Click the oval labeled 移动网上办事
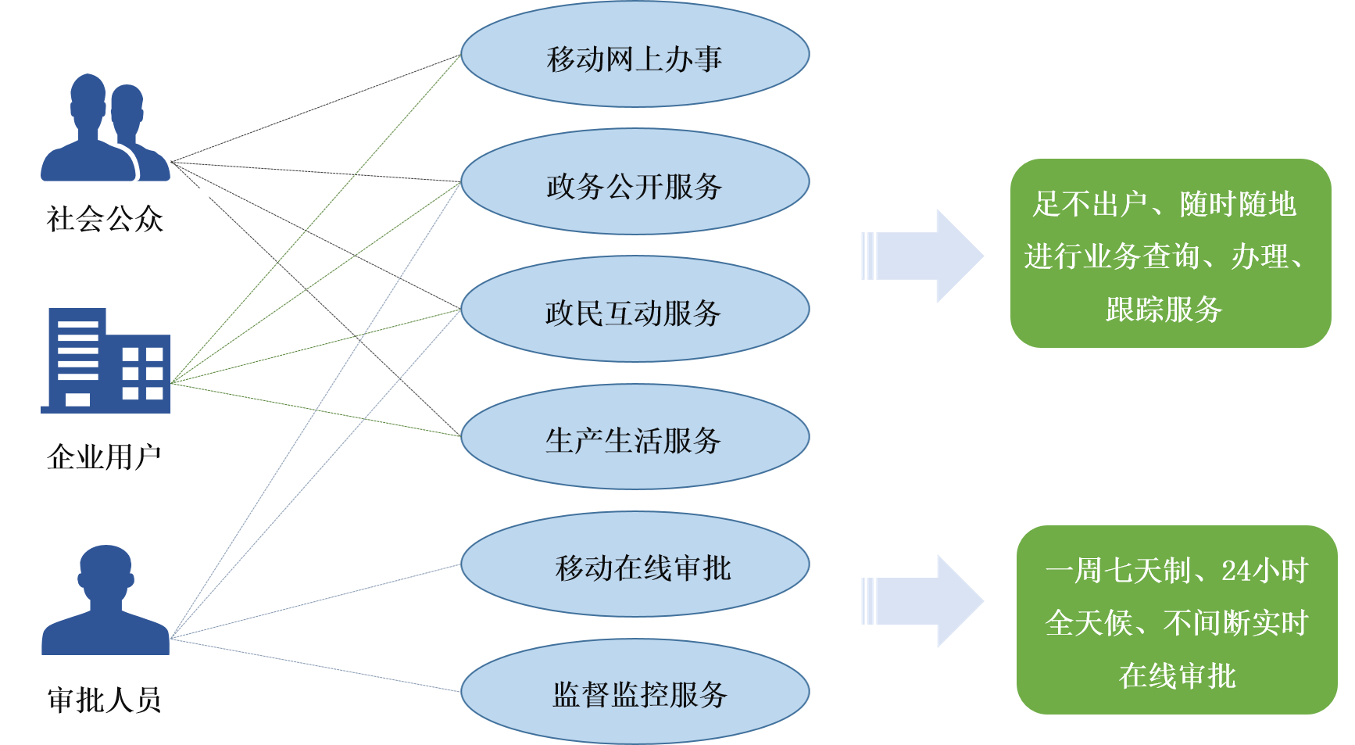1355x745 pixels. coord(635,56)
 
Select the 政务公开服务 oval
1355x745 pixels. coord(635,184)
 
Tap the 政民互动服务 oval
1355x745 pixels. coord(635,311)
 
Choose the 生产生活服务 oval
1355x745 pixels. coord(635,439)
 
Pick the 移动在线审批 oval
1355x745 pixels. coord(635,566)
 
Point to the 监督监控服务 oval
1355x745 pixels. coord(635,693)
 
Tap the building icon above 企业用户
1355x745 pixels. coord(106,360)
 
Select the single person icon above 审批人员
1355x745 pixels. coord(105,600)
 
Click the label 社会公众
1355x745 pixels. coord(104,218)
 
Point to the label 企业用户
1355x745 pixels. coord(104,456)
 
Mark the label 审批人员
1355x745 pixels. coord(104,699)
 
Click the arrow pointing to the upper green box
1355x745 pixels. coord(923,256)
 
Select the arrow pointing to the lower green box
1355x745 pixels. coord(923,601)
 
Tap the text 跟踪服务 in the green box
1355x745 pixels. coord(1164,310)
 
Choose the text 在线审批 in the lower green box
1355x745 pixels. coord(1177,675)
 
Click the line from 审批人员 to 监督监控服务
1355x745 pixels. coord(313,664)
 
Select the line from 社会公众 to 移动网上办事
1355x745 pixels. coord(313,109)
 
